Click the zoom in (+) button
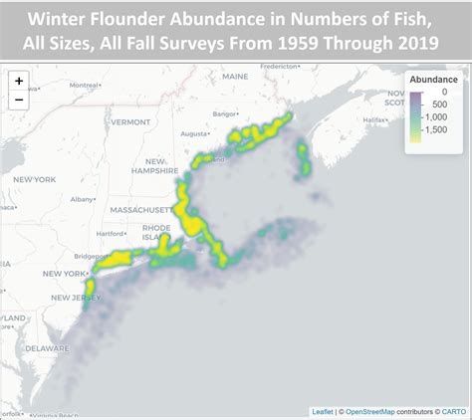tap(19, 82)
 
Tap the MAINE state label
tap(236, 77)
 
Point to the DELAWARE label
tap(47, 348)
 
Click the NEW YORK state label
tap(33, 179)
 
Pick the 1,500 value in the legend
tap(444, 143)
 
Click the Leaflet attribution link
tap(323, 411)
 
